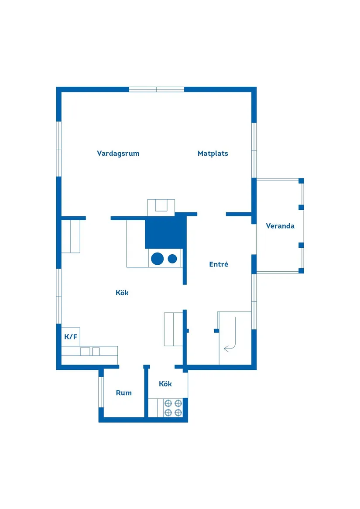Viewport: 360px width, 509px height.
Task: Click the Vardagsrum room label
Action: point(118,154)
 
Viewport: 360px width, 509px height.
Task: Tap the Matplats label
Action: point(213,154)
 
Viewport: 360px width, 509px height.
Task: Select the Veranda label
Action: point(280,226)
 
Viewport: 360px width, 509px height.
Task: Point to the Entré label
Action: point(219,264)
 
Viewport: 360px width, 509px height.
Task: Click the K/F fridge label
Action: point(71,337)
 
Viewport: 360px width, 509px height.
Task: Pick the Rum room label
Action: point(124,393)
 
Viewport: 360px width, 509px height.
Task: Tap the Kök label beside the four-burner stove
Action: point(165,384)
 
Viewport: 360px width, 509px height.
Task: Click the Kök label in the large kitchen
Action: point(122,293)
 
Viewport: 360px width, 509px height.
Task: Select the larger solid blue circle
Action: point(157,259)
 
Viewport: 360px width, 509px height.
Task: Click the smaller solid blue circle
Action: point(172,259)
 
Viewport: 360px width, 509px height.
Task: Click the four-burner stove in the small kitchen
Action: point(173,408)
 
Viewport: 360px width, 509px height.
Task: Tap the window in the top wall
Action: point(157,89)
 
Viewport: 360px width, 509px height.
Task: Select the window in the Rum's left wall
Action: point(101,392)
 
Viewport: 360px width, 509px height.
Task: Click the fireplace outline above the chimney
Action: point(161,208)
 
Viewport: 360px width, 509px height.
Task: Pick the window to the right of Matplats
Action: point(254,150)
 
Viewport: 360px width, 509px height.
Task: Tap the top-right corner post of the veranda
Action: point(301,181)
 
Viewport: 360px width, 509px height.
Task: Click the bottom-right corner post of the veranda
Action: point(301,271)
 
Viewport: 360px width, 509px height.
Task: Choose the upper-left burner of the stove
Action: point(168,403)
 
